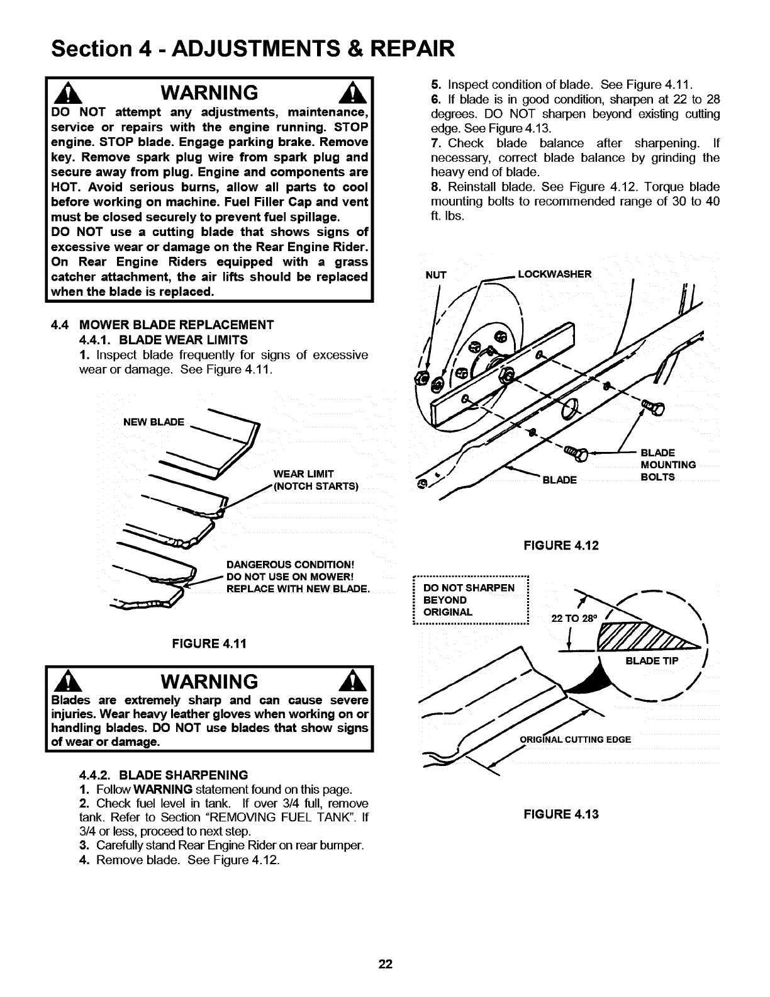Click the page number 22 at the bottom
click(385, 964)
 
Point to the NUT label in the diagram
click(436, 274)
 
